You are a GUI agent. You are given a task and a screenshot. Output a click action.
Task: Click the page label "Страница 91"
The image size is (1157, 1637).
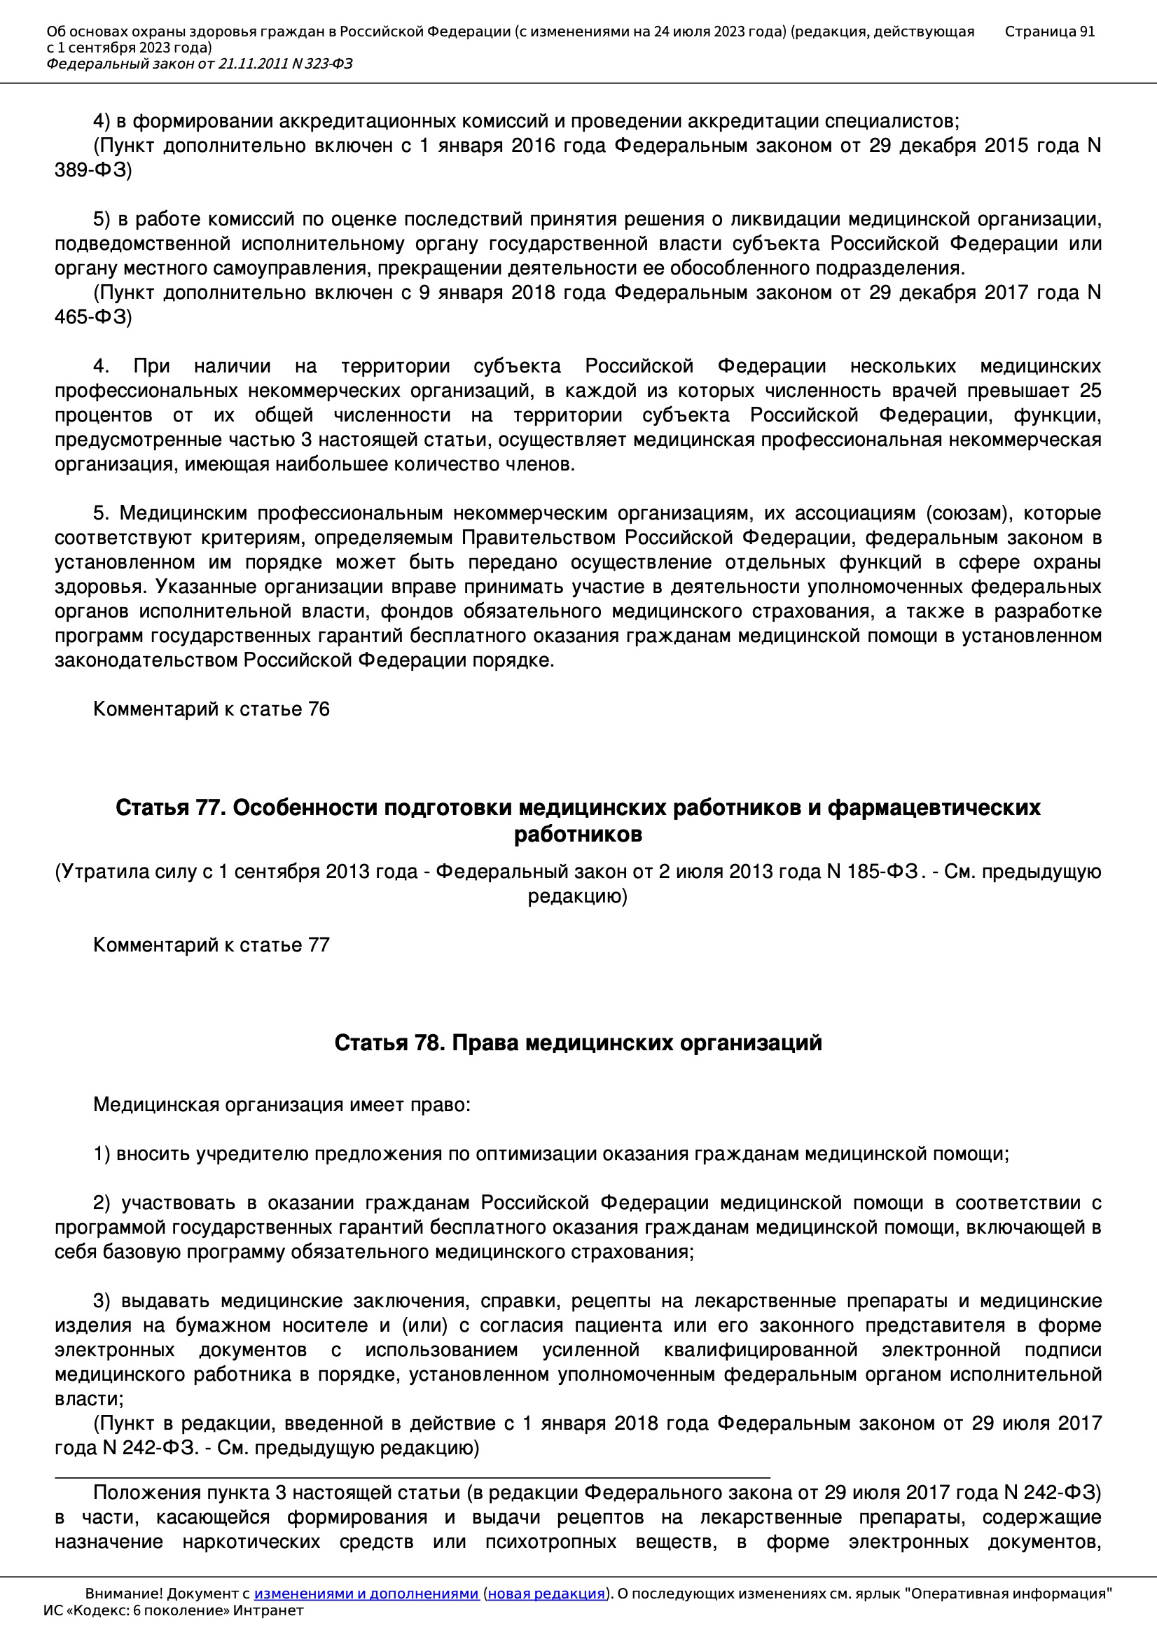pyautogui.click(x=1049, y=32)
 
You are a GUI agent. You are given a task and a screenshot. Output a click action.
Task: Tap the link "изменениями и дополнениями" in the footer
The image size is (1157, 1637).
pyautogui.click(x=366, y=1594)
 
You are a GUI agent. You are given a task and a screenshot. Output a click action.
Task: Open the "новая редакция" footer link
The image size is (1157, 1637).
pyautogui.click(x=546, y=1594)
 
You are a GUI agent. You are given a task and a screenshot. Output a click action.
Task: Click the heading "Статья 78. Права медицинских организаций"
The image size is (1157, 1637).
pyautogui.click(x=578, y=1043)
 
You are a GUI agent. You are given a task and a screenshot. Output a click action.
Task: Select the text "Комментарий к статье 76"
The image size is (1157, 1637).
pyautogui.click(x=211, y=709)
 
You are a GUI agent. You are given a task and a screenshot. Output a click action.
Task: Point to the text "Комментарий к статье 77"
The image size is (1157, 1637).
pyautogui.click(x=211, y=945)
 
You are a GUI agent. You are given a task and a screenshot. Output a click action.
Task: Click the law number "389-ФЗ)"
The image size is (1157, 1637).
pyautogui.click(x=93, y=170)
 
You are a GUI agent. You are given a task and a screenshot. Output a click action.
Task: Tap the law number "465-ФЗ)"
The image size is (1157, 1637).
pyautogui.click(x=93, y=317)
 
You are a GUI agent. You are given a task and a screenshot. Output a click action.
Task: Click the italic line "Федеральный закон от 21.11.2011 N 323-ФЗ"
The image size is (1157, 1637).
pyautogui.click(x=200, y=64)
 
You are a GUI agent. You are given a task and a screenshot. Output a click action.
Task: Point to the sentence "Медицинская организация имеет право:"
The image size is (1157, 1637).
pyautogui.click(x=282, y=1105)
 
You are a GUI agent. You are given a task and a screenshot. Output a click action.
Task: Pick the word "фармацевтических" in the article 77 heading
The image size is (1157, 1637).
pyautogui.click(x=934, y=808)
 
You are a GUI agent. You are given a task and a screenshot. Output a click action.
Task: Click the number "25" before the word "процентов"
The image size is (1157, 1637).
pyautogui.click(x=1090, y=391)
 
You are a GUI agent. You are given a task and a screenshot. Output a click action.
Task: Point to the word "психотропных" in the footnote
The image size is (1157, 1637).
pyautogui.click(x=550, y=1542)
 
